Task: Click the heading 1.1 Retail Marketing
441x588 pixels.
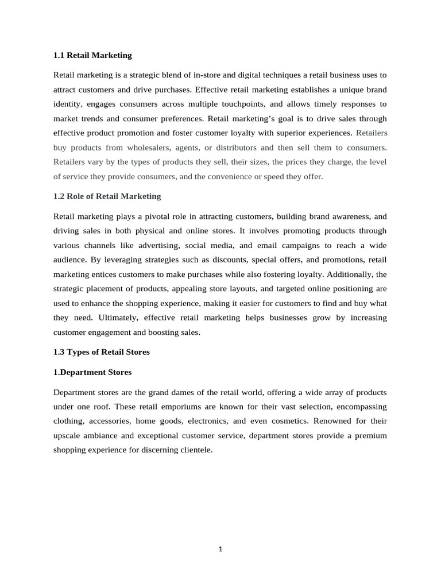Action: tap(92, 55)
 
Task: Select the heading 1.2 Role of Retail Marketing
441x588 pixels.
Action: tap(107, 196)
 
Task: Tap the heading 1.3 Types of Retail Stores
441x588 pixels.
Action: tap(101, 352)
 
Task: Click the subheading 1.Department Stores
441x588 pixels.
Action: tap(92, 372)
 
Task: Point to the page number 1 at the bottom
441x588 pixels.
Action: tap(220, 548)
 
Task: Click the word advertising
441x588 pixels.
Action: tap(153, 245)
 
